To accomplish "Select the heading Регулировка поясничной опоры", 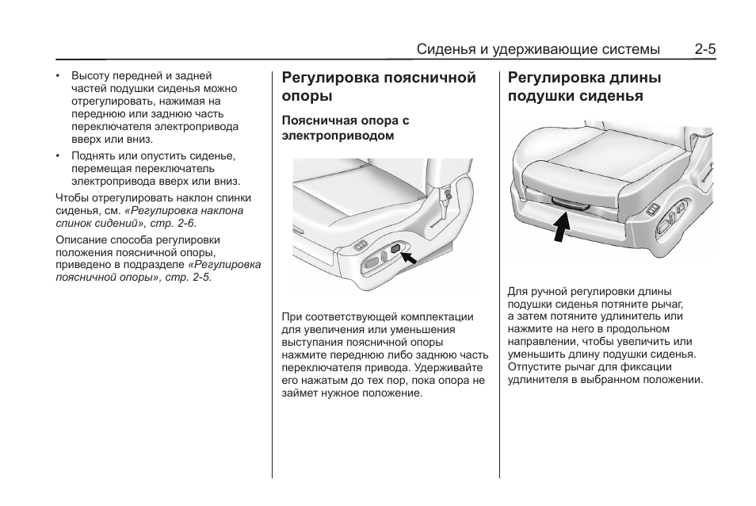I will click(x=379, y=86).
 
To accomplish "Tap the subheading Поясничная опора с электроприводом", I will click(x=346, y=128).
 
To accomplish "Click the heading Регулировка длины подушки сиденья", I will click(x=585, y=86).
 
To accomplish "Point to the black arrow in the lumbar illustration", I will click(x=409, y=256).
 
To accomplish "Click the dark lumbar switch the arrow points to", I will click(x=395, y=252).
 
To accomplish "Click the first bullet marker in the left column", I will click(x=58, y=76).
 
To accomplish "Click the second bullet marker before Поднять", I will click(x=58, y=156).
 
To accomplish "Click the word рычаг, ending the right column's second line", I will click(x=666, y=304).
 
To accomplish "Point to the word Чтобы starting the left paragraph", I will click(x=71, y=198).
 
